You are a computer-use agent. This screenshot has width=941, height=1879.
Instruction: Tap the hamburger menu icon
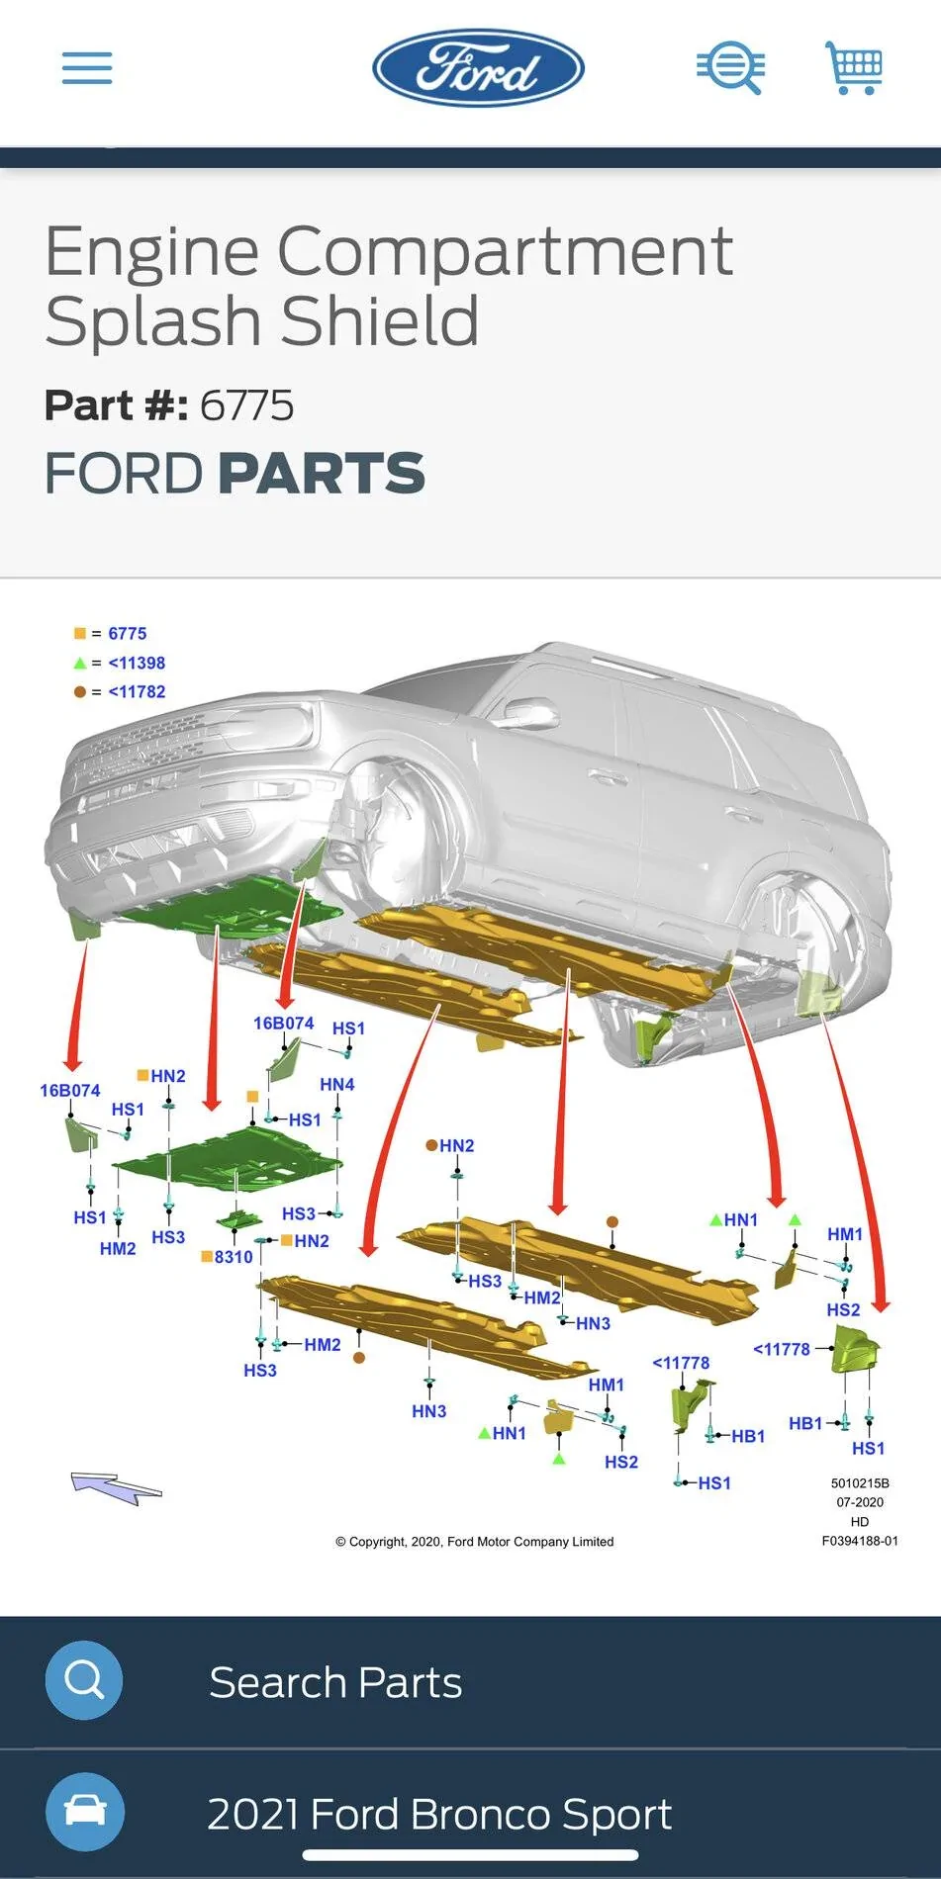tap(87, 68)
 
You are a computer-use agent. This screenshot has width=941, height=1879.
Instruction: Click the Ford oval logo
tap(478, 68)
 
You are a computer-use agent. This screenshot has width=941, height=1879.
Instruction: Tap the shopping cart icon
tap(854, 68)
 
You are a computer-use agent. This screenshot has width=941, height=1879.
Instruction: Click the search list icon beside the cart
tap(730, 68)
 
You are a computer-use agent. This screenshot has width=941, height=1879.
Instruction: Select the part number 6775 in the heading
tap(246, 405)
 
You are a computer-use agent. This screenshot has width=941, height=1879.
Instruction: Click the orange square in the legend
tap(80, 634)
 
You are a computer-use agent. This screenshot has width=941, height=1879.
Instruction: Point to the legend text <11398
tap(137, 663)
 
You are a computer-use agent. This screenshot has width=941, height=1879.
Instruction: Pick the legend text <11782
tap(137, 692)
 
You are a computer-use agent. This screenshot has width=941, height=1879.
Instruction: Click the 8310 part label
tap(234, 1257)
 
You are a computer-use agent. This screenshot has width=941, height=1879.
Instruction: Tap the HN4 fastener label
tap(336, 1085)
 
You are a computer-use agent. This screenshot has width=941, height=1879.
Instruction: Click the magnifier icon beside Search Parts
tap(84, 1679)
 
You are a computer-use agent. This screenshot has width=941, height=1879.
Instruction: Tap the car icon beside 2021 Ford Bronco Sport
tap(84, 1812)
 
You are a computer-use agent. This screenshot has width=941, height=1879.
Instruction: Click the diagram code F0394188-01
tap(859, 1541)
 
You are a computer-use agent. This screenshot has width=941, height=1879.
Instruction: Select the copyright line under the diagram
tap(475, 1542)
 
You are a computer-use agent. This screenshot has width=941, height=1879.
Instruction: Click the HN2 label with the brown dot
tap(456, 1146)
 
